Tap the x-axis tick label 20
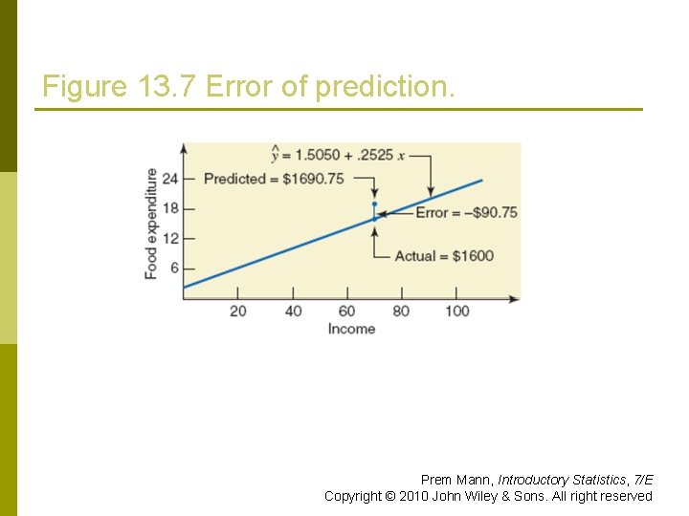tap(238, 311)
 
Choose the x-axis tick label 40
tap(293, 311)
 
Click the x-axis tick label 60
tap(346, 311)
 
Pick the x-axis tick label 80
tap(401, 311)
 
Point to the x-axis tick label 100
tap(456, 311)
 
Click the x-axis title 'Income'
tap(351, 329)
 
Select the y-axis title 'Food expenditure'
tap(151, 224)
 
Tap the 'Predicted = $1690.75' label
tap(274, 179)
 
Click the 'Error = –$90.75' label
tap(466, 212)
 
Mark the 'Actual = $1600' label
tap(444, 256)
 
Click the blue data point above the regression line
tap(374, 204)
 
